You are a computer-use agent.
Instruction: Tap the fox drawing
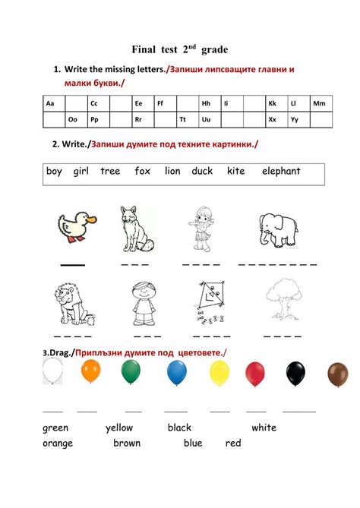coord(137,229)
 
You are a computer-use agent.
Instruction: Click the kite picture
coord(207,303)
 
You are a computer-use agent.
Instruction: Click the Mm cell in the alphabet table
coord(319,103)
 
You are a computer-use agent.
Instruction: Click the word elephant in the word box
coord(281,172)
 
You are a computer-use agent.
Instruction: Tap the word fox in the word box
coord(143,172)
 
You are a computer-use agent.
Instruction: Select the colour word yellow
coord(119,428)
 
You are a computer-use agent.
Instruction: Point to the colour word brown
coord(127,443)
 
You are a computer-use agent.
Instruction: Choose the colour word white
coord(264,428)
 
